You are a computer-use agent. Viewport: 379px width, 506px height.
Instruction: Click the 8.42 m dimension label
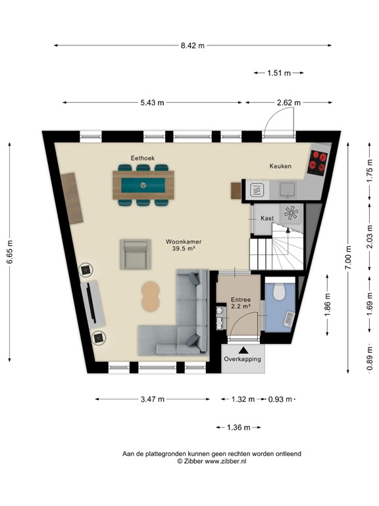tap(192, 45)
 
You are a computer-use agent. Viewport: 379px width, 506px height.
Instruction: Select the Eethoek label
tap(142, 157)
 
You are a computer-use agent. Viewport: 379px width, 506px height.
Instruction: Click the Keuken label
tap(280, 166)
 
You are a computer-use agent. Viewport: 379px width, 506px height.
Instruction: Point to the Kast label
tap(267, 217)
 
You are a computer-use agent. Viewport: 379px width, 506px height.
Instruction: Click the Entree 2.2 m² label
tap(241, 303)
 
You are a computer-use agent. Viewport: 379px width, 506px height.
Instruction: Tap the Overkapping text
tap(242, 359)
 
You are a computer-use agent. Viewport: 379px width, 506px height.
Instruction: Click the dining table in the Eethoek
tap(143, 184)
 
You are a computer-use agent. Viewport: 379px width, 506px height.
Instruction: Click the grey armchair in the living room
tap(135, 254)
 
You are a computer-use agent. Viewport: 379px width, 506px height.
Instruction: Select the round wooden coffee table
tap(151, 296)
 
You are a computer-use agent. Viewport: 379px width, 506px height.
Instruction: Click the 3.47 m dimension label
tap(153, 399)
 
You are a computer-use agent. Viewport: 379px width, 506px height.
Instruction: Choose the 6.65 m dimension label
tap(10, 252)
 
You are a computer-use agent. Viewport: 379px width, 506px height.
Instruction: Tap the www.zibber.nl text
tap(225, 462)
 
